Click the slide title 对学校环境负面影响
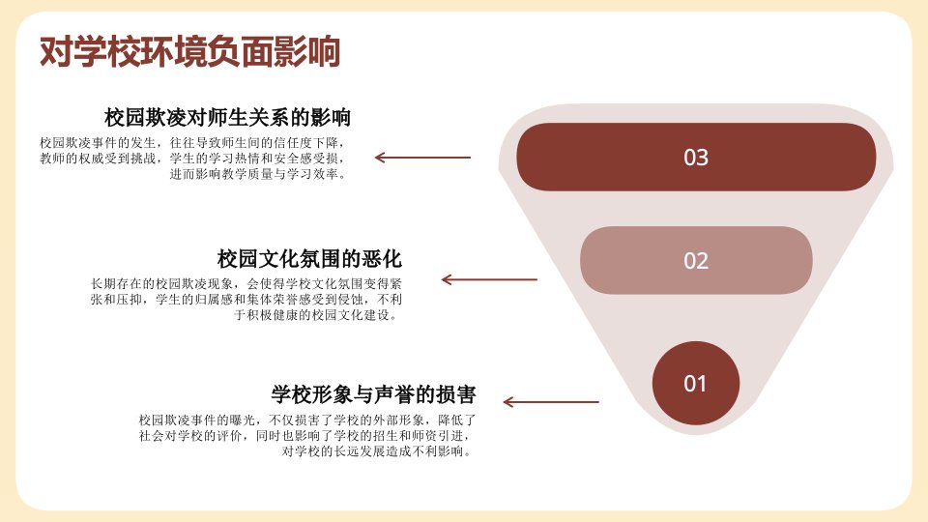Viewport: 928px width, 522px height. click(190, 51)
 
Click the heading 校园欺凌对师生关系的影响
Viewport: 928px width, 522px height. click(228, 117)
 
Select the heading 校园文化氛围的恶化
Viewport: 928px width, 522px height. click(309, 259)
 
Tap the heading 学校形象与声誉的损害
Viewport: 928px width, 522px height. click(373, 394)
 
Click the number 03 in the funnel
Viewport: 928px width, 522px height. click(696, 158)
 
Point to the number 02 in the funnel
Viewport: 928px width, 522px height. click(696, 261)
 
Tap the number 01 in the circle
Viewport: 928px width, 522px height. click(695, 384)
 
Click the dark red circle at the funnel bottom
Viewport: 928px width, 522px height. click(696, 383)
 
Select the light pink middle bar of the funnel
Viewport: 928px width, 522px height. click(696, 260)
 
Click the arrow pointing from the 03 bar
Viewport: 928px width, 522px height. click(422, 158)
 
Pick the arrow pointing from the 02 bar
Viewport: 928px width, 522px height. click(489, 279)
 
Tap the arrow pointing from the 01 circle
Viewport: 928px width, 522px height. click(551, 402)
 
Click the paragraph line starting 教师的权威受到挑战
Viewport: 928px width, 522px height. click(191, 159)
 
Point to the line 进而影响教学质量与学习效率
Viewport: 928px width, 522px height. click(257, 174)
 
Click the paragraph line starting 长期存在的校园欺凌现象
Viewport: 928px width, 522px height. click(246, 284)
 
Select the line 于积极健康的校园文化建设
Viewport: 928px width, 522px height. click(316, 315)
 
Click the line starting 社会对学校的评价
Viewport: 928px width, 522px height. click(305, 436)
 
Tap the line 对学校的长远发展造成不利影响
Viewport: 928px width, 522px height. click(377, 451)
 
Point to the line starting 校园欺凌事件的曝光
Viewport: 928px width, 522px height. click(307, 420)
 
